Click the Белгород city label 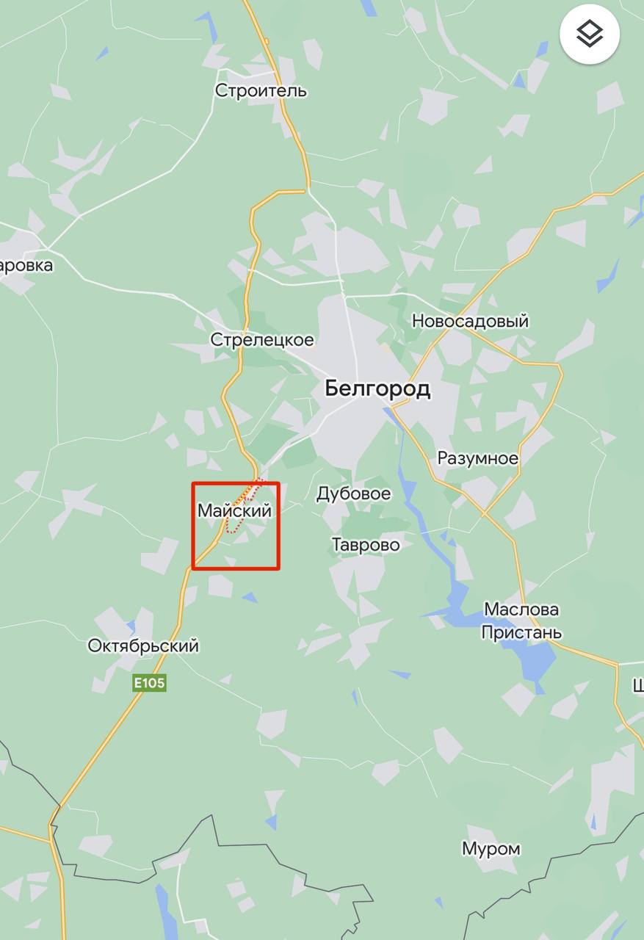[x=377, y=388]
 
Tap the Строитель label [x=261, y=91]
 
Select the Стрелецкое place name [x=262, y=340]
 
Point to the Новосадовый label [x=470, y=321]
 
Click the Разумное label [x=477, y=458]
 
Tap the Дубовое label [x=353, y=493]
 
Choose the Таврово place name [x=366, y=545]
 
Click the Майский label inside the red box [x=234, y=510]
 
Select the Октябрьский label [x=143, y=646]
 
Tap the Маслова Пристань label [x=521, y=621]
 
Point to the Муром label [x=491, y=849]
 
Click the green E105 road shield [x=149, y=684]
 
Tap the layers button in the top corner [x=590, y=33]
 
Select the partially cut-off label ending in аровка [x=26, y=265]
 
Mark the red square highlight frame [x=193, y=525]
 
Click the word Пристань [x=521, y=632]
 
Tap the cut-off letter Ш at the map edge [x=638, y=686]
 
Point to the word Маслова [x=521, y=610]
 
